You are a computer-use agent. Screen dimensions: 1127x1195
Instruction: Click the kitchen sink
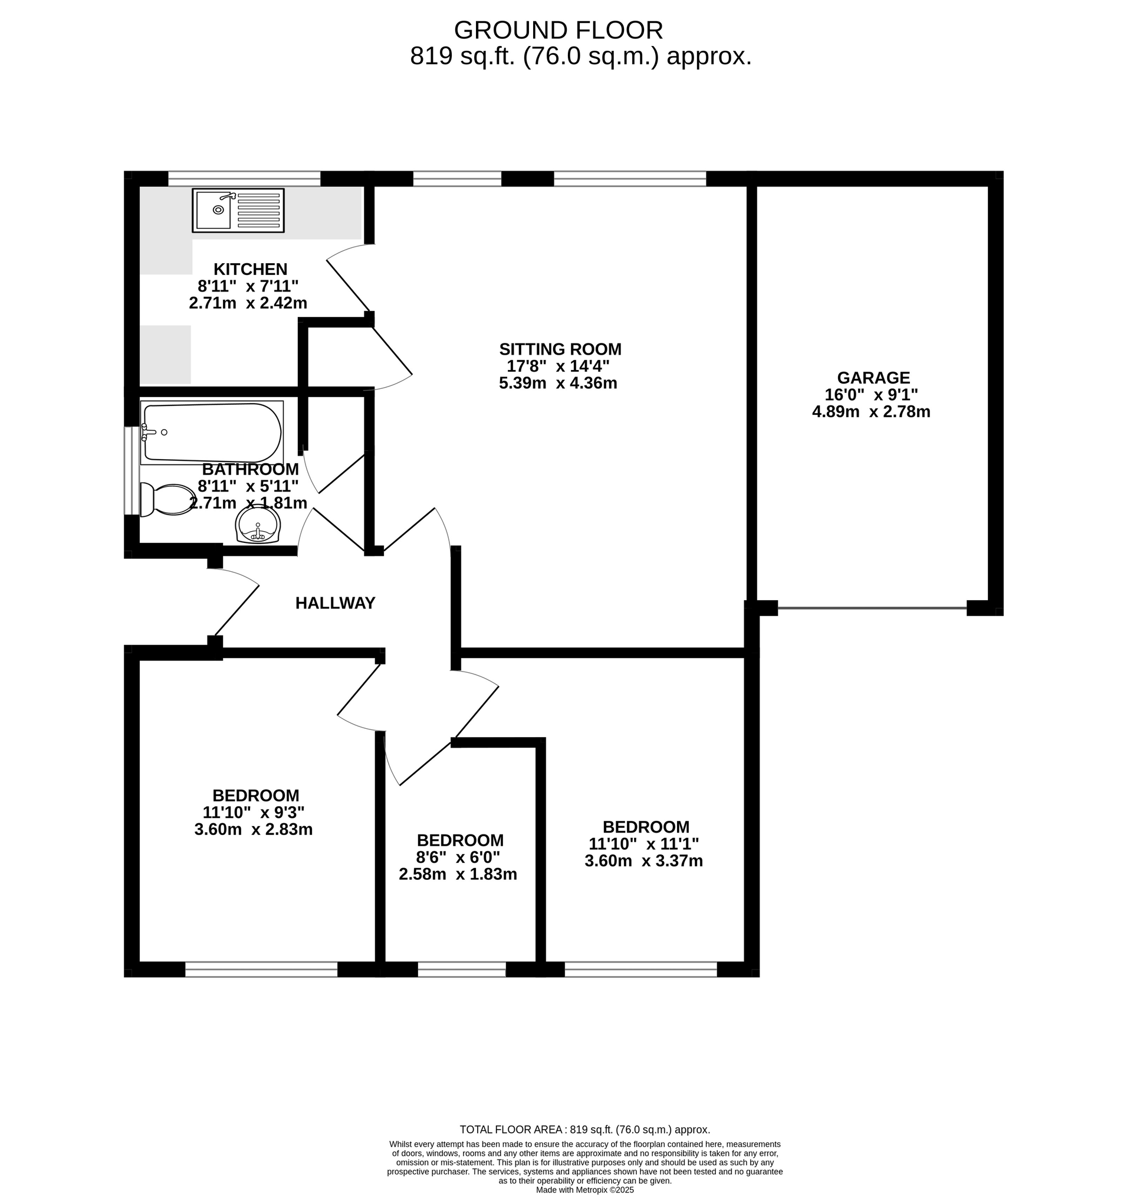[x=238, y=211]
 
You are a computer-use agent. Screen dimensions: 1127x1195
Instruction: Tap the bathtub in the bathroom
[x=212, y=433]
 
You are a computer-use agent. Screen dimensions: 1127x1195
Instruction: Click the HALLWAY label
[x=335, y=603]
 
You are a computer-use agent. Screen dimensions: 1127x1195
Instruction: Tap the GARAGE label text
[x=873, y=378]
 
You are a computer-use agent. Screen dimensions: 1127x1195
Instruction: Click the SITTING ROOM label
[x=560, y=349]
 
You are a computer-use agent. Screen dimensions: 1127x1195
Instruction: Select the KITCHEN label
[x=251, y=269]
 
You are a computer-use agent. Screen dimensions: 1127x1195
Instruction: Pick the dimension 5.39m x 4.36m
[x=558, y=383]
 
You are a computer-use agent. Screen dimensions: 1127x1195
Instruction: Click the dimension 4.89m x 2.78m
[x=871, y=412]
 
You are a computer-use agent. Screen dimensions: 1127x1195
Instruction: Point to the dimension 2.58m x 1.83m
[x=458, y=874]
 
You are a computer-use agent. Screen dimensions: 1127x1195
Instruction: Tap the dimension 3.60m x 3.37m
[x=643, y=861]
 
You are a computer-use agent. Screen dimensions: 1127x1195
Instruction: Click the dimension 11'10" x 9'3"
[x=254, y=813]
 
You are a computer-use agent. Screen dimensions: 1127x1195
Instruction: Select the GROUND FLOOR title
[x=558, y=30]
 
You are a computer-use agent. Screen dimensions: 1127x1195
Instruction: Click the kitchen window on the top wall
[x=244, y=179]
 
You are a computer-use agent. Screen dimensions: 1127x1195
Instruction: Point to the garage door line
[x=872, y=608]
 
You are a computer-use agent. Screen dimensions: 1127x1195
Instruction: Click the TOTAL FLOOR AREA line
[x=584, y=1129]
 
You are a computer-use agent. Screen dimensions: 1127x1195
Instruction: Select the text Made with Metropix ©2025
[x=584, y=1190]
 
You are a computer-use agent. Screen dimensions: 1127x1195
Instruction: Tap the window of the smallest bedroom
[x=461, y=970]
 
